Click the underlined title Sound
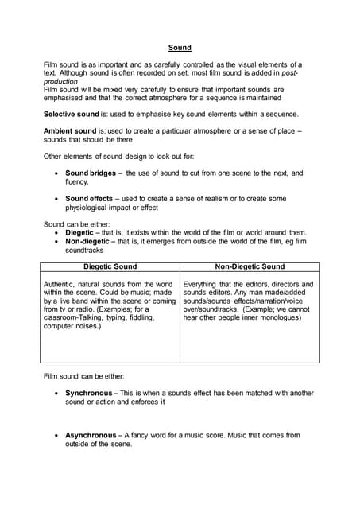[x=180, y=48]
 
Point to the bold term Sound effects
[x=89, y=199]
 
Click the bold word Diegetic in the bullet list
[x=80, y=232]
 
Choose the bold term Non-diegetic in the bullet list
[x=89, y=241]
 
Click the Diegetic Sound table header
[x=110, y=267]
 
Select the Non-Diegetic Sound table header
[x=250, y=267]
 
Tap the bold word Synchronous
[x=89, y=393]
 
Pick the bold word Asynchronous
[x=91, y=435]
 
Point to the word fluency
[x=77, y=181]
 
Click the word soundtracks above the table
[x=85, y=250]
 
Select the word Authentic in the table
[x=61, y=284]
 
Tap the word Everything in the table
[x=204, y=284]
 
